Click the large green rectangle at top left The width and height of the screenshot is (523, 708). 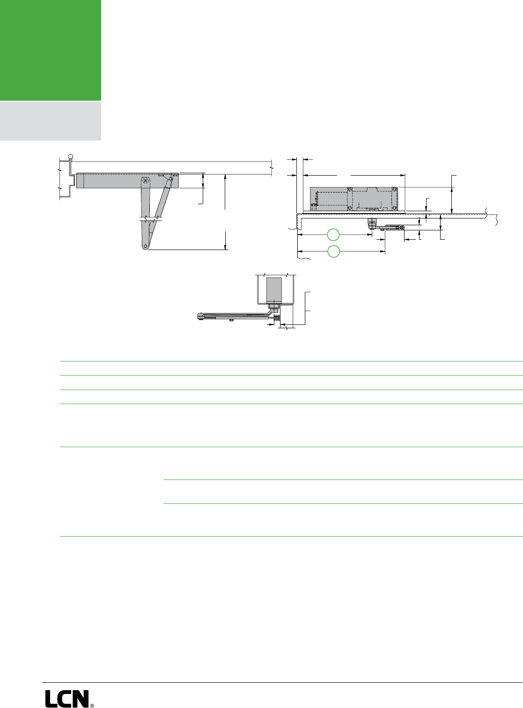(x=50, y=50)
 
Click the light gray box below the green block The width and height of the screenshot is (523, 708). (x=50, y=121)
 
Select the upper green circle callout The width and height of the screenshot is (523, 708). (x=333, y=235)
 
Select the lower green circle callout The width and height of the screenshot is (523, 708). (x=333, y=251)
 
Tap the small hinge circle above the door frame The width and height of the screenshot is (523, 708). (x=71, y=157)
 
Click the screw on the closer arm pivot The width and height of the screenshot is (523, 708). (x=146, y=180)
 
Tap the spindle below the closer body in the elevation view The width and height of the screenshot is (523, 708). (x=372, y=222)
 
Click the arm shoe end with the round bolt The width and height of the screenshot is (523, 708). (x=401, y=228)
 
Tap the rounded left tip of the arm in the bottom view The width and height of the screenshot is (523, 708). (x=198, y=317)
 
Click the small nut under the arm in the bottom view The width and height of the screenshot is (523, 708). (x=231, y=321)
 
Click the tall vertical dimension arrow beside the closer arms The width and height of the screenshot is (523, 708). (x=225, y=211)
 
